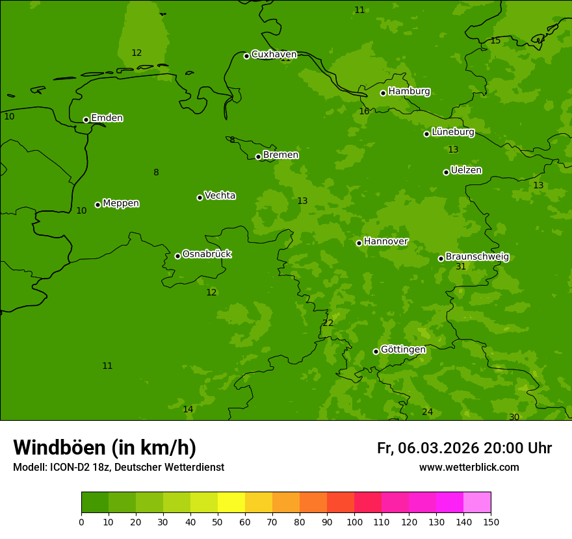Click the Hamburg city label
pos(409,92)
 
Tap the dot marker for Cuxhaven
pos(246,56)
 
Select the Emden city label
pos(107,118)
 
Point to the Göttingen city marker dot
pos(376,351)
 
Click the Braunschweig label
pos(477,257)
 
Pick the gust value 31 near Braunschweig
pos(461,267)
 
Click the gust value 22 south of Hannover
pos(328,323)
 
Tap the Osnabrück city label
pos(207,254)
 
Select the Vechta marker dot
pos(200,197)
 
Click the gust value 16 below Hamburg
pos(364,112)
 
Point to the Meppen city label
pos(121,203)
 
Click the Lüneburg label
pos(453,132)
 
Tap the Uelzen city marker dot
pos(446,172)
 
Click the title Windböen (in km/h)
pos(105,447)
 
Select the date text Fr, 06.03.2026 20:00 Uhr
pos(464,448)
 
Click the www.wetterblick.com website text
pos(469,468)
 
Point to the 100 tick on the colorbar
pos(354,521)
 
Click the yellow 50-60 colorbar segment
pos(231,503)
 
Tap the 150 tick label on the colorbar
pos(491,521)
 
